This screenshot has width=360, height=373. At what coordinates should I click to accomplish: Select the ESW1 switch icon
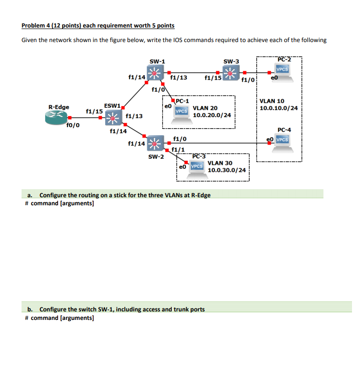pyautogui.click(x=113, y=117)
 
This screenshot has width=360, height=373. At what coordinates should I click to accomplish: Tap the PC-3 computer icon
pyautogui.click(x=197, y=166)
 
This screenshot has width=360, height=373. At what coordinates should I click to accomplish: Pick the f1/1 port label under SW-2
pyautogui.click(x=178, y=149)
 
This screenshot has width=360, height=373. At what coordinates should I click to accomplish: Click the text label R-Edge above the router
pyautogui.click(x=59, y=107)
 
